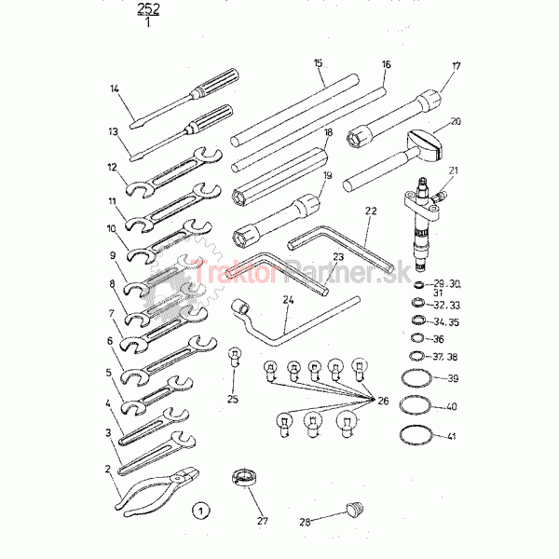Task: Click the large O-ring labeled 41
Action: click(416, 435)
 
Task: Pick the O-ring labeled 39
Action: click(416, 379)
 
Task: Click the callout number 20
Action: click(455, 121)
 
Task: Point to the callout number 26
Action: click(382, 402)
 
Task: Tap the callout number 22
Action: click(370, 211)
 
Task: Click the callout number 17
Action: click(456, 66)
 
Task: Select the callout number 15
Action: click(319, 62)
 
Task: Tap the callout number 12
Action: click(111, 169)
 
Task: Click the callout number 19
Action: click(328, 175)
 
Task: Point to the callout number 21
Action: click(454, 170)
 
